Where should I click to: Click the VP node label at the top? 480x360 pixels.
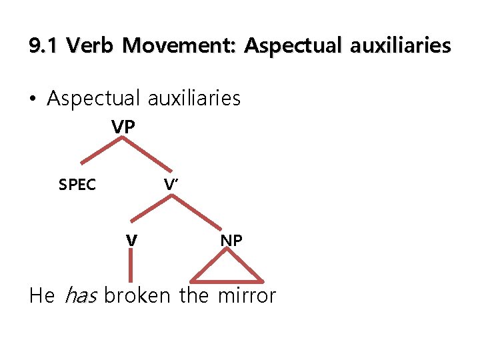pyautogui.click(x=123, y=127)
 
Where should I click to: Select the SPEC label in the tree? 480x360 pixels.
pyautogui.click(x=77, y=185)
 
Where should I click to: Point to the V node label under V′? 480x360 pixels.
pyautogui.click(x=132, y=239)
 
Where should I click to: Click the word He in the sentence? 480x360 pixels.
pyautogui.click(x=41, y=295)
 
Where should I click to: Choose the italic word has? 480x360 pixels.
pyautogui.click(x=80, y=295)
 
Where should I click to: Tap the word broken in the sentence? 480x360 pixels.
pyautogui.click(x=137, y=295)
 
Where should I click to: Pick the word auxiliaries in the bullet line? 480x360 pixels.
pyautogui.click(x=194, y=99)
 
